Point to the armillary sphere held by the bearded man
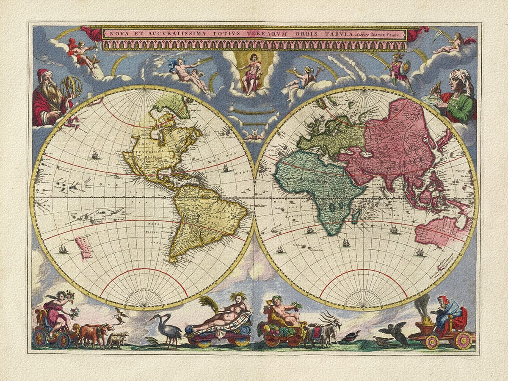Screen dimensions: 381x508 tap(71, 86)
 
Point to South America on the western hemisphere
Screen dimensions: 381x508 tap(203, 220)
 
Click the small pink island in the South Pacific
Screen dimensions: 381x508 tap(83, 248)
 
